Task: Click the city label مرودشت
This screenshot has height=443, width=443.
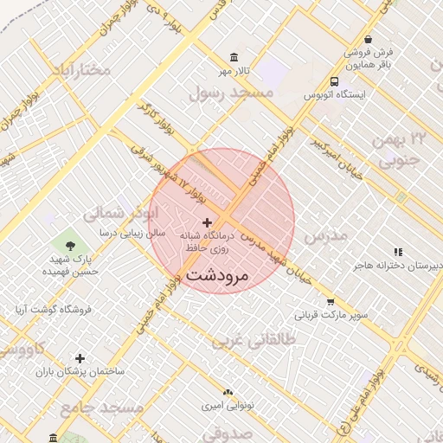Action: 217,276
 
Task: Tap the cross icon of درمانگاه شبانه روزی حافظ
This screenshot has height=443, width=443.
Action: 206,223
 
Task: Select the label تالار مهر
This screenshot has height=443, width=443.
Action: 234,70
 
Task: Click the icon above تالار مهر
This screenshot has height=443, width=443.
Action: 234,57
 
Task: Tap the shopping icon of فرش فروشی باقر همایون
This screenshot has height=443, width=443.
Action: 368,40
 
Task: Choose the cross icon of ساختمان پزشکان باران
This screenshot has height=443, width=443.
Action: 80,358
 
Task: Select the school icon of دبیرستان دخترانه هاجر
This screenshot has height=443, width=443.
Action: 398,252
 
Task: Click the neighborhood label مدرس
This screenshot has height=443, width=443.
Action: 327,235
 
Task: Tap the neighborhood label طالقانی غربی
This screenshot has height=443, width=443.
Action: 254,341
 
